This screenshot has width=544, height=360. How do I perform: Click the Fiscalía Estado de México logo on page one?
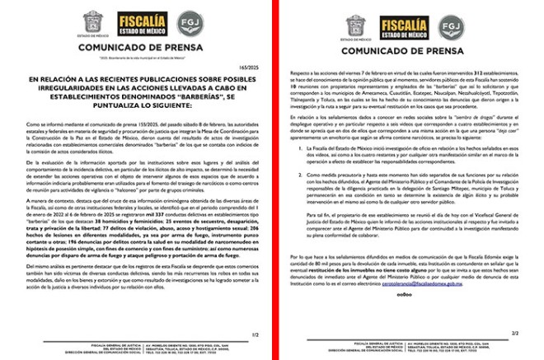click(x=141, y=23)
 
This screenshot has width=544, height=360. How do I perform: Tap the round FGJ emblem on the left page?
click(x=189, y=23)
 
